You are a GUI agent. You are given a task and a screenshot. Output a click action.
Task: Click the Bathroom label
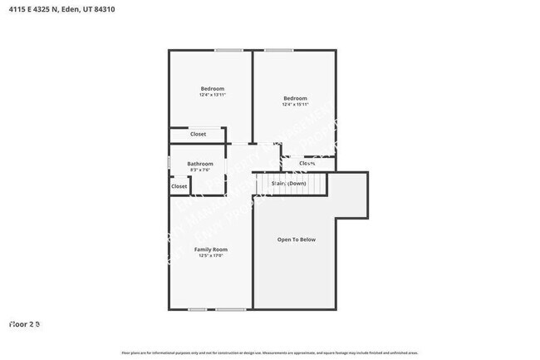coord(200,164)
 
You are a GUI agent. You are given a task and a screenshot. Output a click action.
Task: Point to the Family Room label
coord(211,249)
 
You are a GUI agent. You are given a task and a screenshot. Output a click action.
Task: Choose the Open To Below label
coord(297,239)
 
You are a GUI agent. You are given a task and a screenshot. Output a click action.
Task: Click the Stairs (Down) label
coord(288,183)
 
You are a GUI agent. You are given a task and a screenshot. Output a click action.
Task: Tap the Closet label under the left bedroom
coord(198,134)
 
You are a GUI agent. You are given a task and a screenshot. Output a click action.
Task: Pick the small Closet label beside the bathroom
coord(179,186)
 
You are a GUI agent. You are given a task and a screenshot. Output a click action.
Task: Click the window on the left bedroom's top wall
coord(228,50)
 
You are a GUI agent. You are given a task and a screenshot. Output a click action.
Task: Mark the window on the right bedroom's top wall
coord(278,50)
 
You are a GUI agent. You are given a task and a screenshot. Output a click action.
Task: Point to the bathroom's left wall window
coord(169,163)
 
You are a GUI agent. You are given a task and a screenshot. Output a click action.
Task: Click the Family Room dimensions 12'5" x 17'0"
coord(211,256)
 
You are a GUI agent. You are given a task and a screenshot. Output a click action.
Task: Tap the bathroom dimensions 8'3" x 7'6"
coord(200,170)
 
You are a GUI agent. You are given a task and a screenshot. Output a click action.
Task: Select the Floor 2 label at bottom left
coord(24,323)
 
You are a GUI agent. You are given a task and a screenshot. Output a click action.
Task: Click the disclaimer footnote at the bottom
coord(270,353)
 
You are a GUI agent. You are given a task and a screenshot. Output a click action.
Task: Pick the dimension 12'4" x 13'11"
coord(213,95)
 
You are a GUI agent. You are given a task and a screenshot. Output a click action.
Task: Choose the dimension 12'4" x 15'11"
coord(295,105)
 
